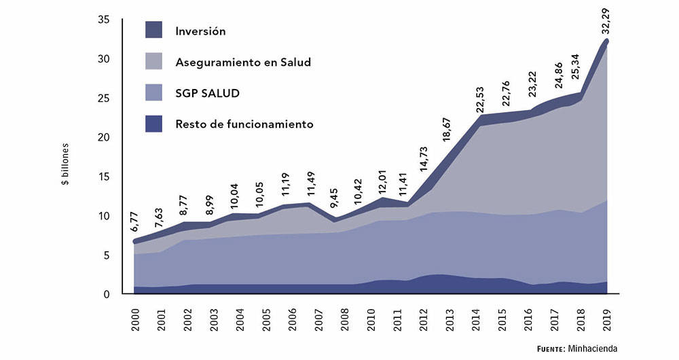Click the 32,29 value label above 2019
pyautogui.click(x=607, y=20)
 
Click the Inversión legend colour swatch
pyautogui.click(x=153, y=31)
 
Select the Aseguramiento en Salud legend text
pyautogui.click(x=242, y=62)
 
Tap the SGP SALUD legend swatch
pyautogui.click(x=153, y=93)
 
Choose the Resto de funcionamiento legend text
pyautogui.click(x=244, y=124)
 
